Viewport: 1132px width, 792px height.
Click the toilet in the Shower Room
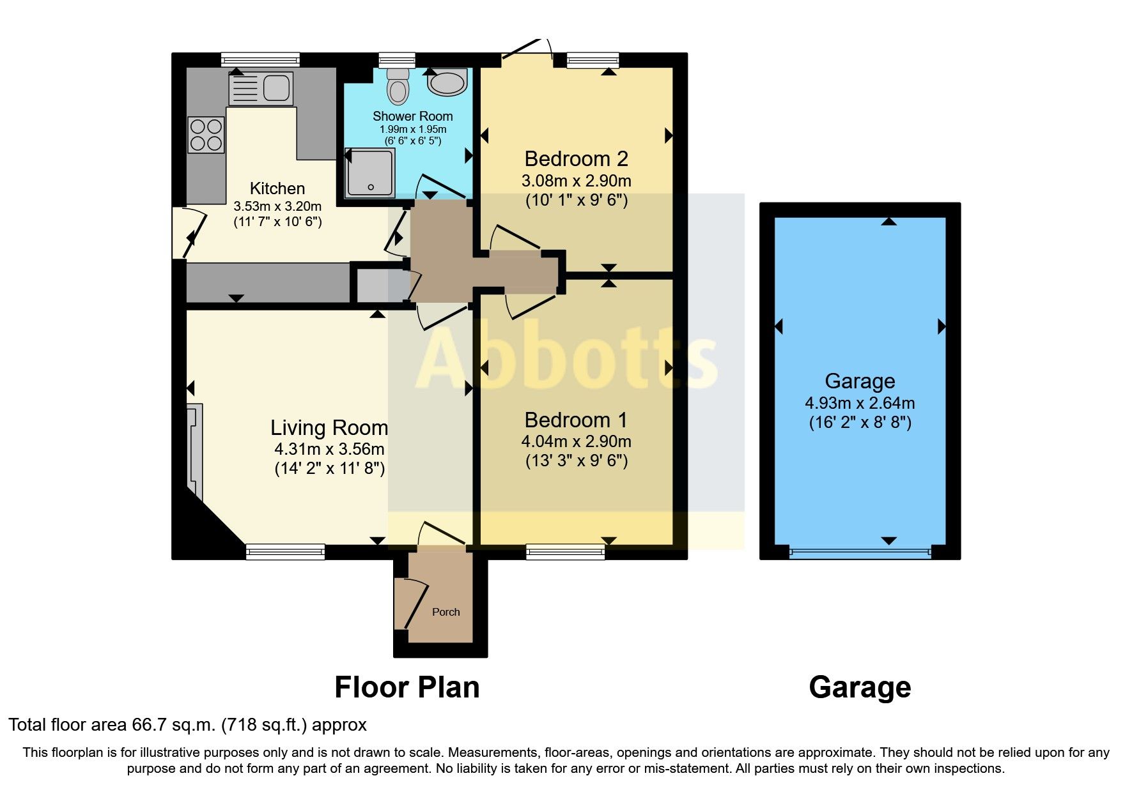click(398, 88)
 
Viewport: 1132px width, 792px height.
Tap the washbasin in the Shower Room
click(447, 83)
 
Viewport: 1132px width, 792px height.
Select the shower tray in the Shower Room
click(369, 172)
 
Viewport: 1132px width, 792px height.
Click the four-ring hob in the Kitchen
click(206, 135)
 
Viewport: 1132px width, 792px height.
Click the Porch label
click(446, 612)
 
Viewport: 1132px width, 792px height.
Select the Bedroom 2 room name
click(576, 158)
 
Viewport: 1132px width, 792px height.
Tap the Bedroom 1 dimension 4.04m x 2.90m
click(576, 441)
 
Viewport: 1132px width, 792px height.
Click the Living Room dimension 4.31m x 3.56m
click(329, 449)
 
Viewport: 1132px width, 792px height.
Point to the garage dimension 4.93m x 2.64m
click(859, 403)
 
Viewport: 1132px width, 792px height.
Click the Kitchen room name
click(277, 188)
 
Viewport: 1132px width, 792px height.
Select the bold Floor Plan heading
click(407, 688)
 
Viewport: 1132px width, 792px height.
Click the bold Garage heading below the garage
click(859, 688)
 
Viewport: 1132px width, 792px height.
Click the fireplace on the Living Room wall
click(194, 450)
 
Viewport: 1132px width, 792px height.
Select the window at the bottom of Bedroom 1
click(565, 552)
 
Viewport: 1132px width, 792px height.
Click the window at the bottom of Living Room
click(285, 552)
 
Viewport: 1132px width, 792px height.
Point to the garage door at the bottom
click(859, 552)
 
